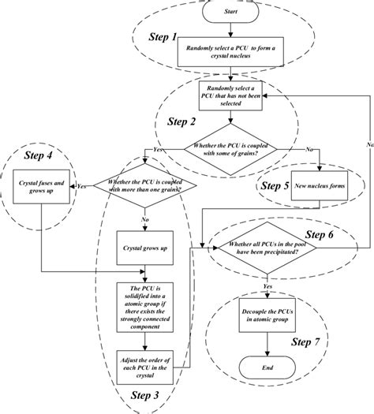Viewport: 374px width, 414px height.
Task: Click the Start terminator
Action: click(x=230, y=12)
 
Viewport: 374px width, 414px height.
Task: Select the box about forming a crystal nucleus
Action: click(x=229, y=50)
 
